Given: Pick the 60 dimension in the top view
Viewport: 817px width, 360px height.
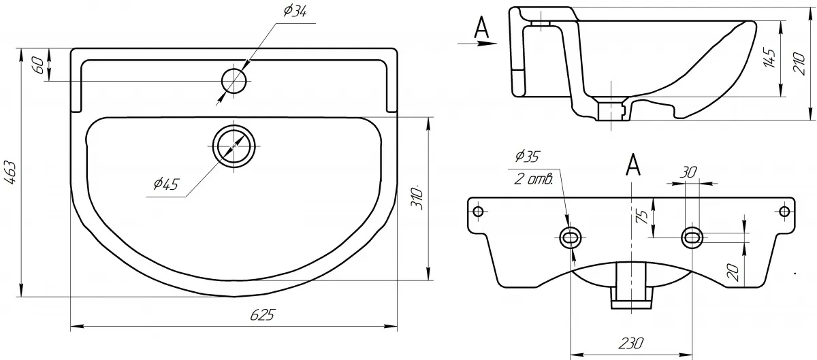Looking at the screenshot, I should [39, 65].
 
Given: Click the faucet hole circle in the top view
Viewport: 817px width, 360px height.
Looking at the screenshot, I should [234, 81].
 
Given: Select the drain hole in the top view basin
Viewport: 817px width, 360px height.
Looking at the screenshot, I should [234, 146].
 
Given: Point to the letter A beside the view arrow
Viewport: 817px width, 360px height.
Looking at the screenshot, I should [481, 27].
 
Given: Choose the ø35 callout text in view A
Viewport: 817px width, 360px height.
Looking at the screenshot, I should [527, 157].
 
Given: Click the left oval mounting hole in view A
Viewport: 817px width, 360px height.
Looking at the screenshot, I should [571, 238].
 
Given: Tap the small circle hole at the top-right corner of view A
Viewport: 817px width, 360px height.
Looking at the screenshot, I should [784, 212].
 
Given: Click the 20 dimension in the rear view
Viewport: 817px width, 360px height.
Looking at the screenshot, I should [733, 273].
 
